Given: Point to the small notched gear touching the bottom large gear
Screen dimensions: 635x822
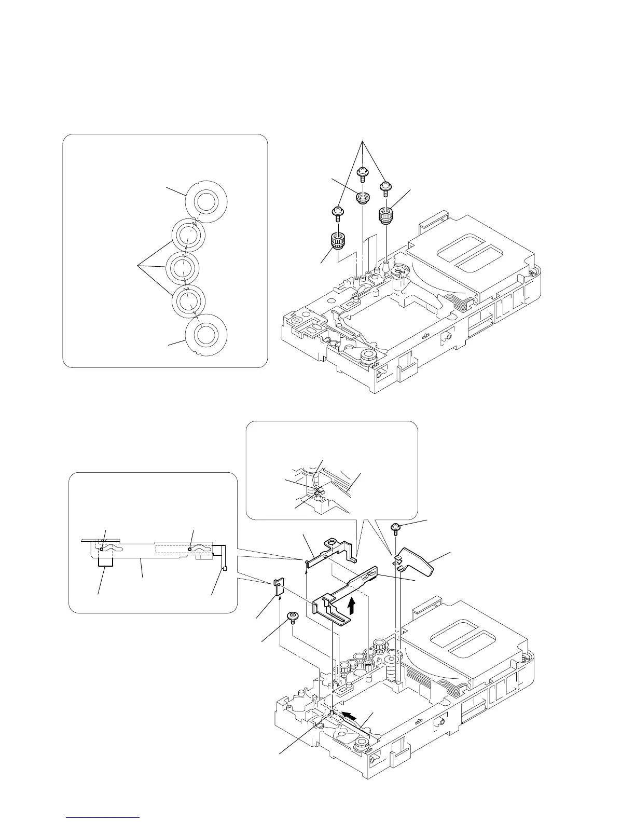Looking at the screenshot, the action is [x=188, y=300].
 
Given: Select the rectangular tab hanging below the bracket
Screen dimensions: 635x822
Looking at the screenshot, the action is [x=105, y=559].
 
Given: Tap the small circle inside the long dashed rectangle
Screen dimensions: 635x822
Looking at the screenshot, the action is [x=190, y=549].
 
